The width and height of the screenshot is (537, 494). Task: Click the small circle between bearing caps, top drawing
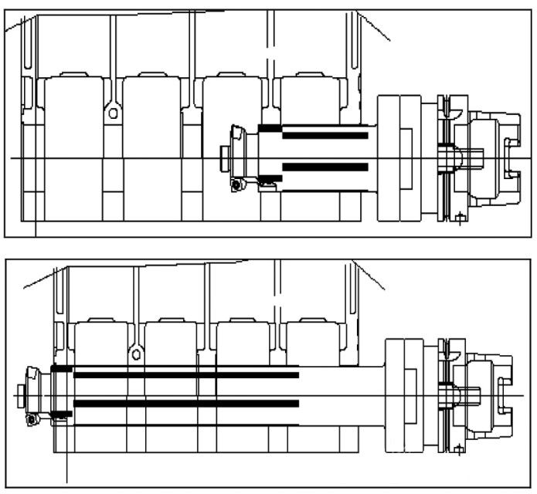click(x=113, y=113)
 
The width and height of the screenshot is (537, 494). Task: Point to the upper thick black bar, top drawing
click(x=325, y=136)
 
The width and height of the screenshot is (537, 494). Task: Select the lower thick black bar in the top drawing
click(x=325, y=166)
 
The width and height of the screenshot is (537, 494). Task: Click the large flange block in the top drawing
click(x=399, y=158)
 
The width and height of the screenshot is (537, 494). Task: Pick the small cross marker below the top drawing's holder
click(x=460, y=218)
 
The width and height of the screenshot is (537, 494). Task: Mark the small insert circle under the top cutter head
click(x=235, y=185)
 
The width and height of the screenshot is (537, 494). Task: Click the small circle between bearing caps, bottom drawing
click(x=136, y=355)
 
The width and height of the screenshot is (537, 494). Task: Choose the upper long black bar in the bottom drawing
click(x=185, y=375)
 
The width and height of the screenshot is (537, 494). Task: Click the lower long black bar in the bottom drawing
click(x=185, y=404)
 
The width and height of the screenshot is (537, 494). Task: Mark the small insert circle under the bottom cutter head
click(x=32, y=419)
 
